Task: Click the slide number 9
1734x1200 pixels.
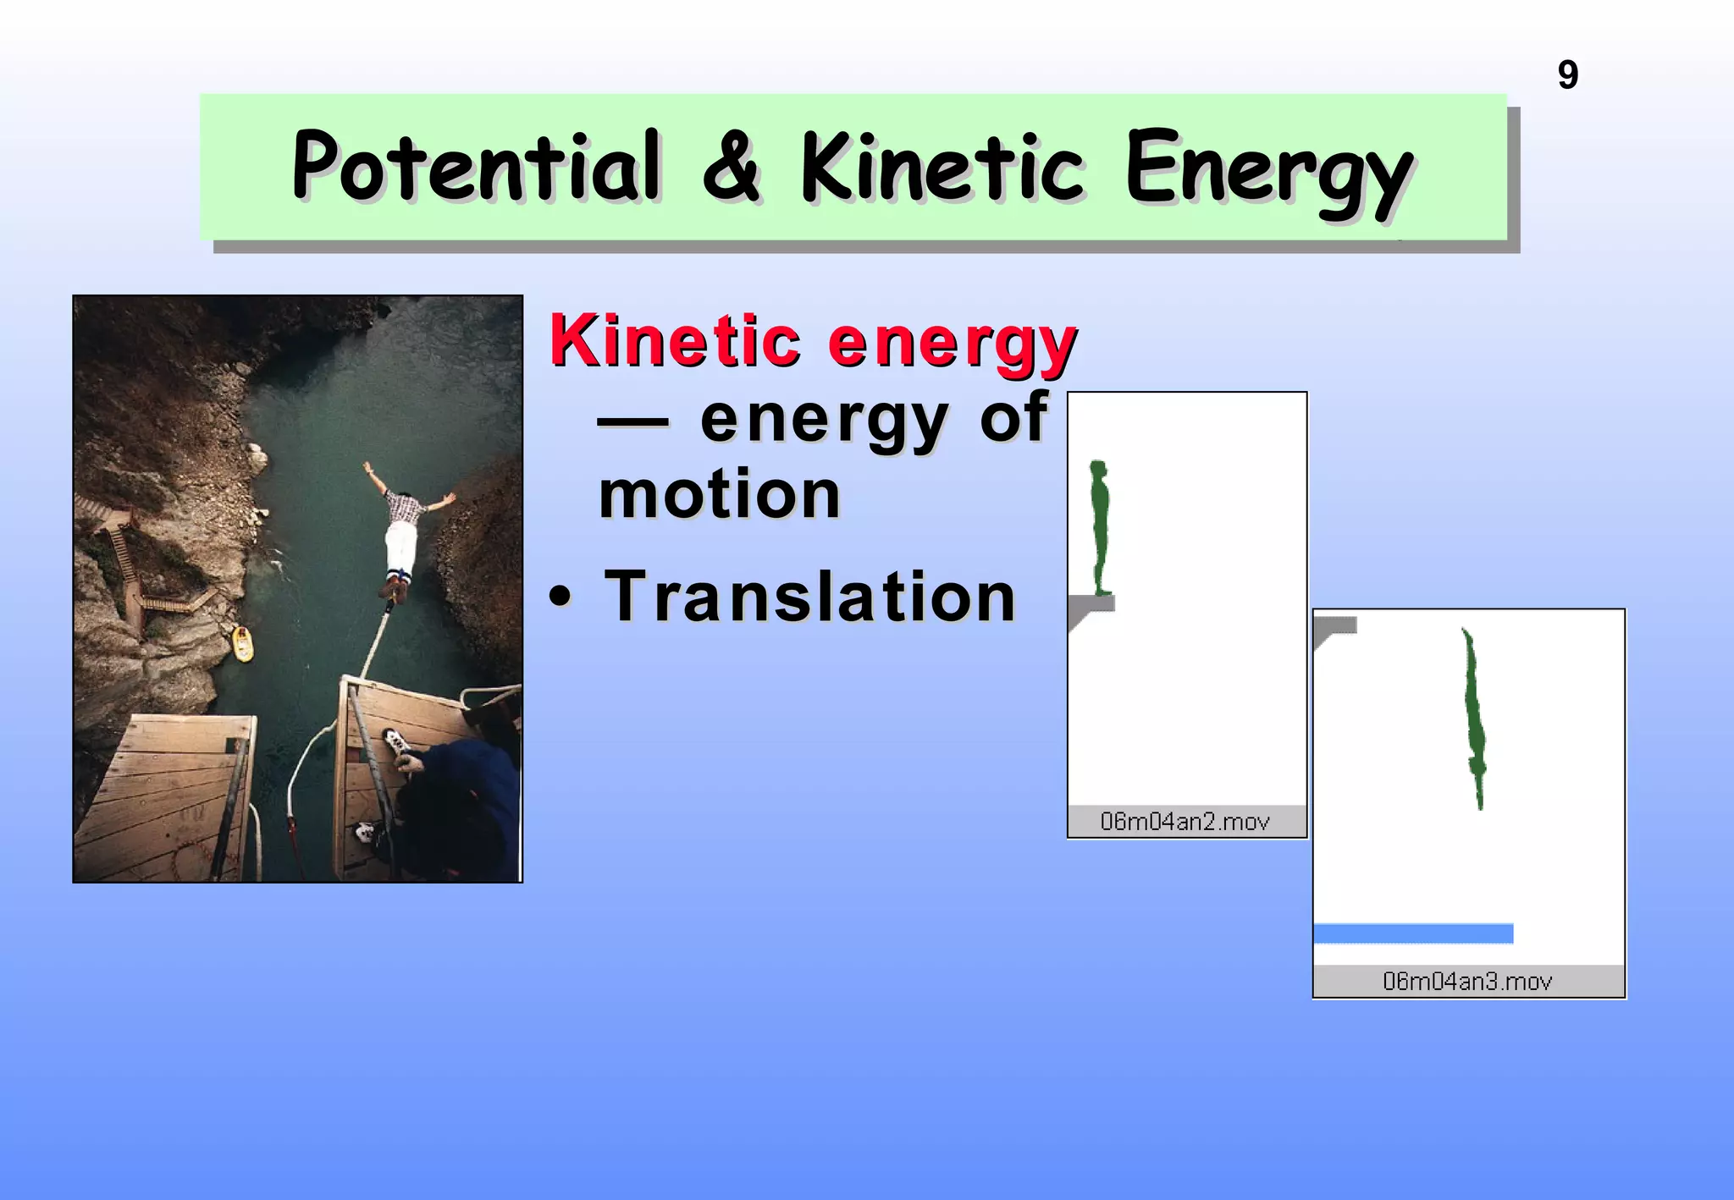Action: pyautogui.click(x=1567, y=75)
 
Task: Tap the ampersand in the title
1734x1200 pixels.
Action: pyautogui.click(x=732, y=168)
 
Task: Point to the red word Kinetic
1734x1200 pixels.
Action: pyautogui.click(x=675, y=341)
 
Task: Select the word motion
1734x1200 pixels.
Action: pyautogui.click(x=720, y=495)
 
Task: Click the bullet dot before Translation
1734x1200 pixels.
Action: pyautogui.click(x=560, y=597)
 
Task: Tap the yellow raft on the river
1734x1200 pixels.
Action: pyautogui.click(x=242, y=645)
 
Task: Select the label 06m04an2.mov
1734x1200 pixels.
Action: pyautogui.click(x=1185, y=821)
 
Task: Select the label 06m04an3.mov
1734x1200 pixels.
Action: pyautogui.click(x=1467, y=982)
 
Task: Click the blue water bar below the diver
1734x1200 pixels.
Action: pyautogui.click(x=1412, y=933)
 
